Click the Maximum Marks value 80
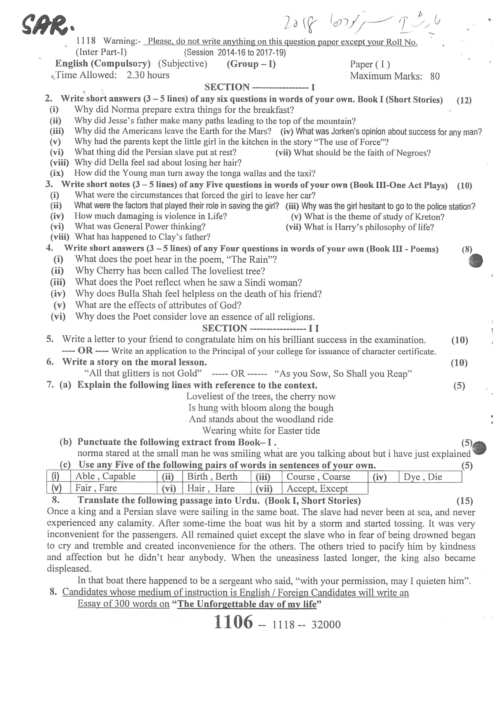coord(435,76)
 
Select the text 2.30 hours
coord(148,75)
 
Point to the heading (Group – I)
coord(251,64)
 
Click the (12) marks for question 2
coord(464,100)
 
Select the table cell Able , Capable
coord(105,476)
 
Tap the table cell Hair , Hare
coord(211,488)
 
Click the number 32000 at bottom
coord(326,625)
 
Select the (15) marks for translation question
coord(465,501)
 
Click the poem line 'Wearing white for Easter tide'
coord(261,430)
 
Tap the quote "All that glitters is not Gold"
coord(143,373)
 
